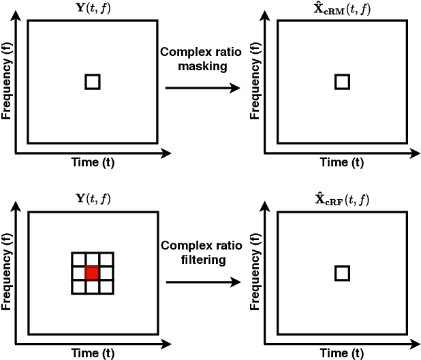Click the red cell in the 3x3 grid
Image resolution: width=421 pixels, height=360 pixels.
pos(92,273)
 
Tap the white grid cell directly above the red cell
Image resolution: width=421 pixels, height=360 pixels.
pos(92,259)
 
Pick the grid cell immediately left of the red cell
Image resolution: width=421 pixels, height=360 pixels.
pos(78,273)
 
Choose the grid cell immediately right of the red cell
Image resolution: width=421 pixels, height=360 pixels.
pos(106,273)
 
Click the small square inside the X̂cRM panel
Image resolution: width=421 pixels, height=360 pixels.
pos(343,82)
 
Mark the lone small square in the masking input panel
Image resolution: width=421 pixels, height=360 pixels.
pos(93,82)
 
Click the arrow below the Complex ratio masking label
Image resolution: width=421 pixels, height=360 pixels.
pos(202,88)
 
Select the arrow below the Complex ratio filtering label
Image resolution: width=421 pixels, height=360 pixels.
pos(202,279)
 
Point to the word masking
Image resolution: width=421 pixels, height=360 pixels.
pos(202,67)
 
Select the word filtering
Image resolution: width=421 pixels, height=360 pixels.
pos(202,259)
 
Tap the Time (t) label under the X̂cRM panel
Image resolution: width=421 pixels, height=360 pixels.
pos(343,162)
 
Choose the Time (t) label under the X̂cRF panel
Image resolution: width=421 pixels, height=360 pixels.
pos(343,353)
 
